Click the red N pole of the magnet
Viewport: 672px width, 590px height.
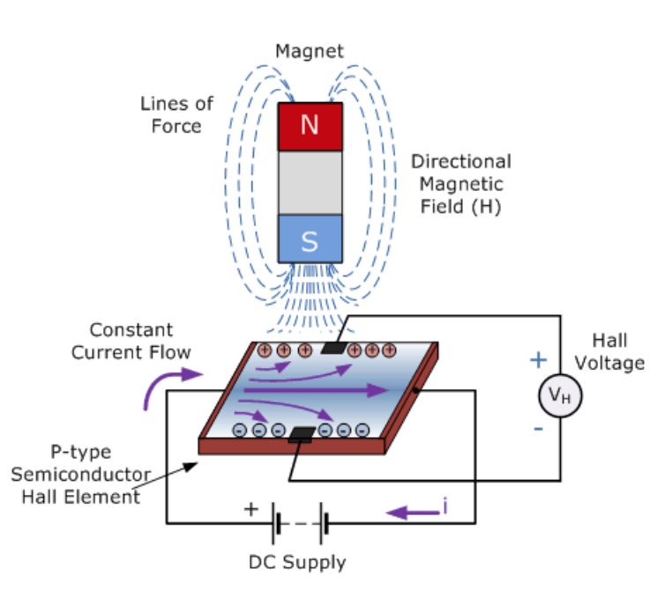pyautogui.click(x=309, y=126)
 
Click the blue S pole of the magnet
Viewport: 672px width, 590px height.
pyautogui.click(x=309, y=239)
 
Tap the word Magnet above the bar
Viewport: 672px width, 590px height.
pyautogui.click(x=309, y=51)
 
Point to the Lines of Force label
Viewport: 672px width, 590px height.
pyautogui.click(x=176, y=114)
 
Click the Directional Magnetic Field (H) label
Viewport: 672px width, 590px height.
pyautogui.click(x=461, y=184)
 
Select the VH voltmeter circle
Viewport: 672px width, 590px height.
pyautogui.click(x=560, y=395)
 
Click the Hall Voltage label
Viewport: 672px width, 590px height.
pyautogui.click(x=617, y=352)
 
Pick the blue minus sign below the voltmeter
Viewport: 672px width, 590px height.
pyautogui.click(x=538, y=431)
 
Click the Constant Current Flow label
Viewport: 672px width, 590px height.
pyautogui.click(x=131, y=341)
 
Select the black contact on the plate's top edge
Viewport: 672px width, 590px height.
pyautogui.click(x=333, y=348)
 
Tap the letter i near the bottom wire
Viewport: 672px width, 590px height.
pyautogui.click(x=447, y=507)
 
